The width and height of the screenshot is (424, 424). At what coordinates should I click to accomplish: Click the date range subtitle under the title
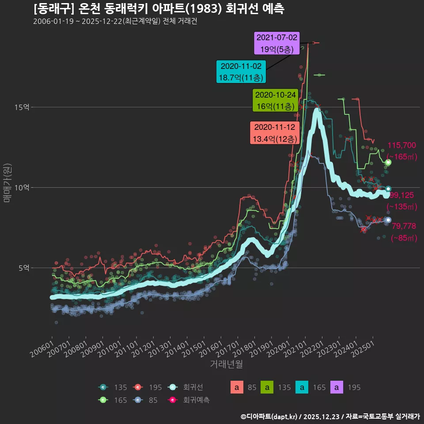tap(115, 22)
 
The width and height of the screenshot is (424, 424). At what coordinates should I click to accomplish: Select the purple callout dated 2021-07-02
tap(277, 43)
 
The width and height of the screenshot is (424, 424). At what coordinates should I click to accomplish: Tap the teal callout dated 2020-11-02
tap(241, 72)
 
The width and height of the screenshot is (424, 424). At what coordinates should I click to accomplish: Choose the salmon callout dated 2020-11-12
tap(275, 133)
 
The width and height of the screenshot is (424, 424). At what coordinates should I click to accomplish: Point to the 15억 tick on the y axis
tap(23, 107)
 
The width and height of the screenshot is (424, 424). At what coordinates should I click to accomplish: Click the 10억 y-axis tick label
tap(23, 187)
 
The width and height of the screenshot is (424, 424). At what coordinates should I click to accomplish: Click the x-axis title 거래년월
tap(226, 364)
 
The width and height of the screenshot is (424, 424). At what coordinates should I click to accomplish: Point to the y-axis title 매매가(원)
tap(7, 183)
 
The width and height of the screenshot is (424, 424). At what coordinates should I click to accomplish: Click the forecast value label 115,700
tap(401, 145)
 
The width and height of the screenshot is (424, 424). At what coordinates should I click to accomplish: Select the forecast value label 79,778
tap(404, 226)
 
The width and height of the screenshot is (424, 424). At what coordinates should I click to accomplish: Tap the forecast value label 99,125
tap(401, 195)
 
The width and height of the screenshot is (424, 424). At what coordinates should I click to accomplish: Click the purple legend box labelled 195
tap(337, 387)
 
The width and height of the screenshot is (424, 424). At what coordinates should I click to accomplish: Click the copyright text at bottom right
tap(330, 416)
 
